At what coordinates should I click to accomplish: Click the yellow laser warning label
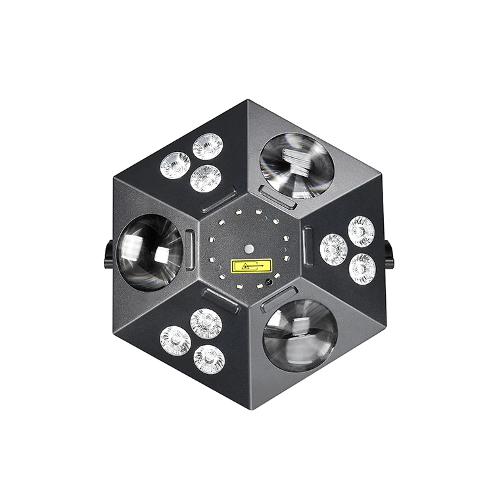click(x=251, y=266)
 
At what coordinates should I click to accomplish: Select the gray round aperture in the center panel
click(x=250, y=249)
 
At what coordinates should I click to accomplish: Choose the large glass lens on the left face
click(x=149, y=251)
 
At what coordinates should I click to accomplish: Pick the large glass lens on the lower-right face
click(x=300, y=335)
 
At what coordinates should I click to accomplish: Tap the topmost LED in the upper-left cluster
click(x=208, y=146)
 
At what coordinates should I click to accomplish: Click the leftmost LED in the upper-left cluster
click(x=176, y=165)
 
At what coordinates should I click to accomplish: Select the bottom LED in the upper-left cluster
click(x=206, y=178)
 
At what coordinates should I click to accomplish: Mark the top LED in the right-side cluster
click(x=361, y=231)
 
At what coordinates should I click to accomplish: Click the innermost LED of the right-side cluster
click(x=334, y=249)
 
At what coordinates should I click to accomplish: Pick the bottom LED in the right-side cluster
click(x=362, y=268)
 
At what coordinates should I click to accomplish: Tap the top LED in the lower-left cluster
click(x=206, y=323)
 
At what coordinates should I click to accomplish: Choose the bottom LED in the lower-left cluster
click(x=209, y=359)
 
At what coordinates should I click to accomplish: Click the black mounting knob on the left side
click(x=108, y=253)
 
